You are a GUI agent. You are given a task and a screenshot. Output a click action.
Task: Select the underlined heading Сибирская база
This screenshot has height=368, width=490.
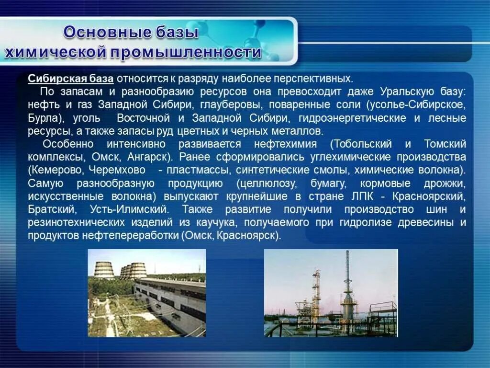tap(70, 79)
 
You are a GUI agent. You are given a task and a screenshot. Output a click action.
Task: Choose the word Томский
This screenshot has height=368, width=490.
tap(445, 144)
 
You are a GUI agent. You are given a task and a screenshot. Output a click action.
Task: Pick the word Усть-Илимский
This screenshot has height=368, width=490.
tap(128, 209)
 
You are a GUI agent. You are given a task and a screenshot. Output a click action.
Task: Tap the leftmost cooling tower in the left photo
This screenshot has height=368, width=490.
tap(104, 270)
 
